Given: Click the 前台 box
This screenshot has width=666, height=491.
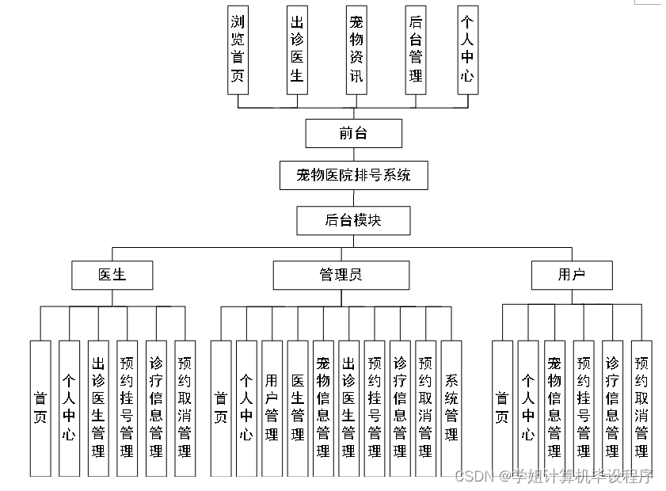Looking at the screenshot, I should pos(353,133).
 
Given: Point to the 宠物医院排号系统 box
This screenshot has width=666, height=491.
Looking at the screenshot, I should pos(353,175).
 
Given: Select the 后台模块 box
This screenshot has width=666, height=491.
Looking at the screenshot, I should pos(353,220).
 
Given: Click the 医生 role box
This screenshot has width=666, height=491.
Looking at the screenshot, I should pos(112,275).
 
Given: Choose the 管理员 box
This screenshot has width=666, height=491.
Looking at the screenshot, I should pos(341,275).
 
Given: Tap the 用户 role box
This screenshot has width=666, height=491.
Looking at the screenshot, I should pos(572,275).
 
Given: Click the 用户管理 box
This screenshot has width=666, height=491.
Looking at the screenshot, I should pos(272,408).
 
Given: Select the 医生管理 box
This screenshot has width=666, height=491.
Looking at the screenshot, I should pos(297,408).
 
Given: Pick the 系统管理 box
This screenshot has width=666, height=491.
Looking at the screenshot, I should pos(451,408).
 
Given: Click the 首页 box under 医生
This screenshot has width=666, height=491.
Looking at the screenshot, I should pos(40,408).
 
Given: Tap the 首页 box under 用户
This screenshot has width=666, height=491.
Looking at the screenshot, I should pos(502,408).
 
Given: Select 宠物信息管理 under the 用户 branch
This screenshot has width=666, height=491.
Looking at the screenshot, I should pos(554,408).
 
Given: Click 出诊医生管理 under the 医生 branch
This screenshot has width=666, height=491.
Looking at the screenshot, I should pos(98,408).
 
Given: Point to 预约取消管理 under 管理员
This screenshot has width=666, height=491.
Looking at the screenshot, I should pos(425,408).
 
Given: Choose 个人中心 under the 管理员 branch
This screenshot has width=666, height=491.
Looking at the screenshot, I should pos(246,408).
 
